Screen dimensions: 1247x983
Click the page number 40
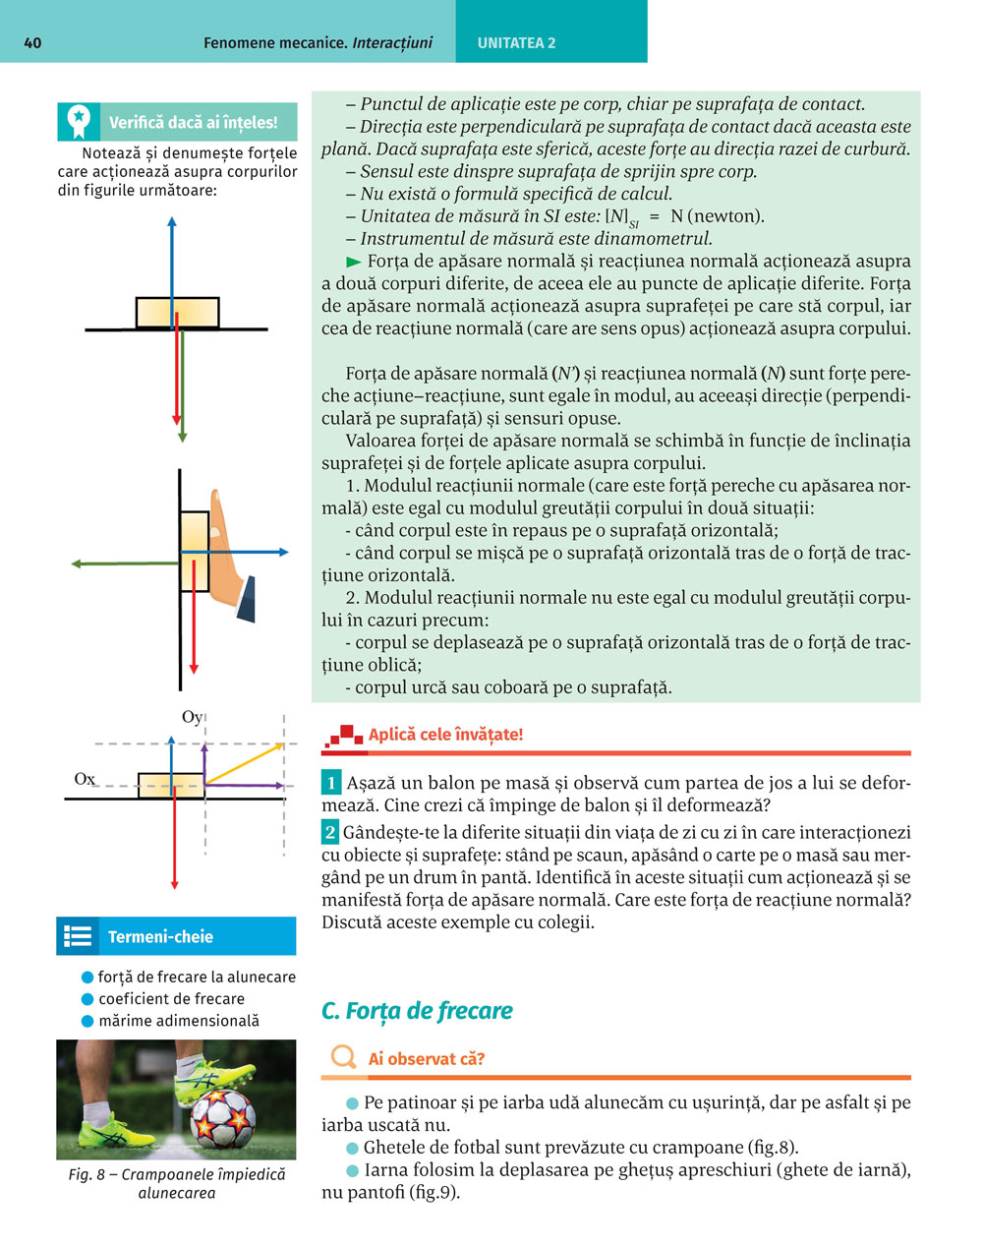point(32,43)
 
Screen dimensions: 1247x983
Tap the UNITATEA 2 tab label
point(516,43)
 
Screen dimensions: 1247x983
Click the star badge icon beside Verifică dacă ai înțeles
point(78,122)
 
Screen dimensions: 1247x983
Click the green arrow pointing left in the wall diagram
point(118,564)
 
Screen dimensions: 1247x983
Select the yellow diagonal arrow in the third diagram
point(244,764)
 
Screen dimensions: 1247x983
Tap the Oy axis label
point(192,717)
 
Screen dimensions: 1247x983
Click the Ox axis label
point(85,779)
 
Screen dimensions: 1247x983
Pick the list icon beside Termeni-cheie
point(77,936)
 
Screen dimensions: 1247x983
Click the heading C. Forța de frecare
point(417,1011)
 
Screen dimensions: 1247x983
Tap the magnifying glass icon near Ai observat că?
point(343,1058)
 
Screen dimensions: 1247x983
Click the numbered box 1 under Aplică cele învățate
point(331,784)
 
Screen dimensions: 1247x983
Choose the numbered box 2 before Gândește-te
point(331,833)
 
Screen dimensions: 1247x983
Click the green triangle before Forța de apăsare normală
point(354,262)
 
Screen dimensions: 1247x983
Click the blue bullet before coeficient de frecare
point(87,999)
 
